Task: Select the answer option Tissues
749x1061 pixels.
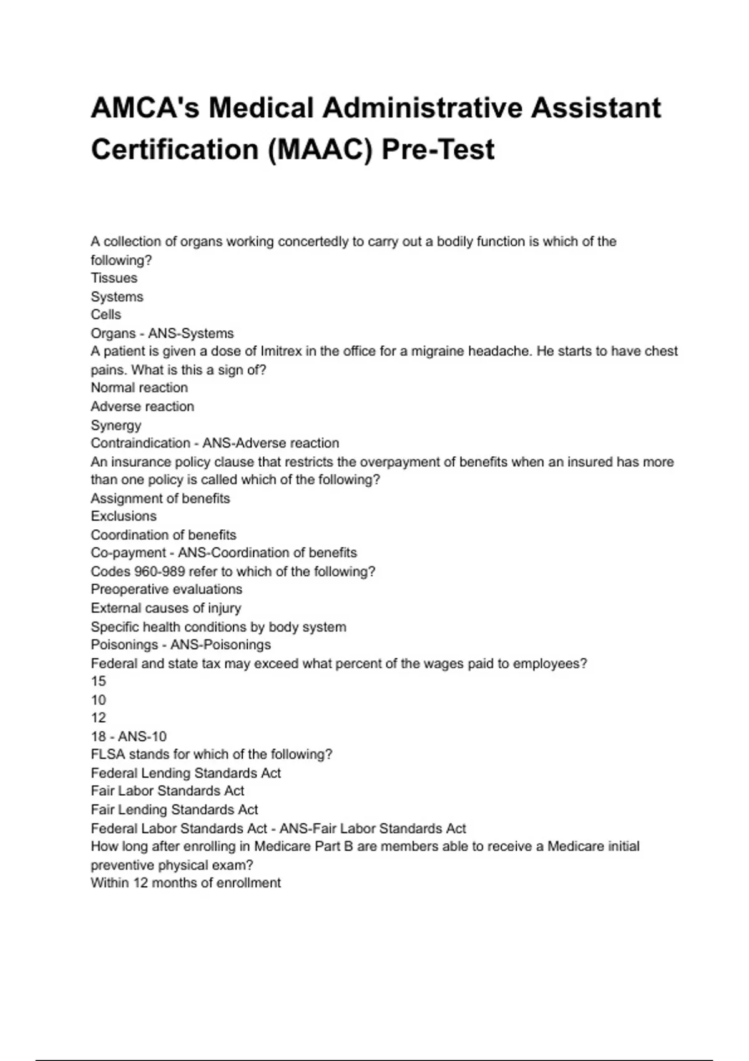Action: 114,278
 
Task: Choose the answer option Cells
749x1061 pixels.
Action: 105,315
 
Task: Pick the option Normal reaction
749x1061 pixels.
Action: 139,388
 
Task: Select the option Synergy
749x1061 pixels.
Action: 115,425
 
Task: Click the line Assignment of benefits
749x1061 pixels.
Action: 160,499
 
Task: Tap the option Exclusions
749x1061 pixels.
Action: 123,517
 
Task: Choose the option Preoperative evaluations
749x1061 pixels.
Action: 166,590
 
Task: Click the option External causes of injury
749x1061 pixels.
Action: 165,609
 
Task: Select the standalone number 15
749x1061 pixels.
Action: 98,682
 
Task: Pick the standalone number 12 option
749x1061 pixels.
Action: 98,718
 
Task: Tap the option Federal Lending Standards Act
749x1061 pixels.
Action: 185,773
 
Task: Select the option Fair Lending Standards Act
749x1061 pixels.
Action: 174,810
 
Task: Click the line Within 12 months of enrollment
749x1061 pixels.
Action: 185,883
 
